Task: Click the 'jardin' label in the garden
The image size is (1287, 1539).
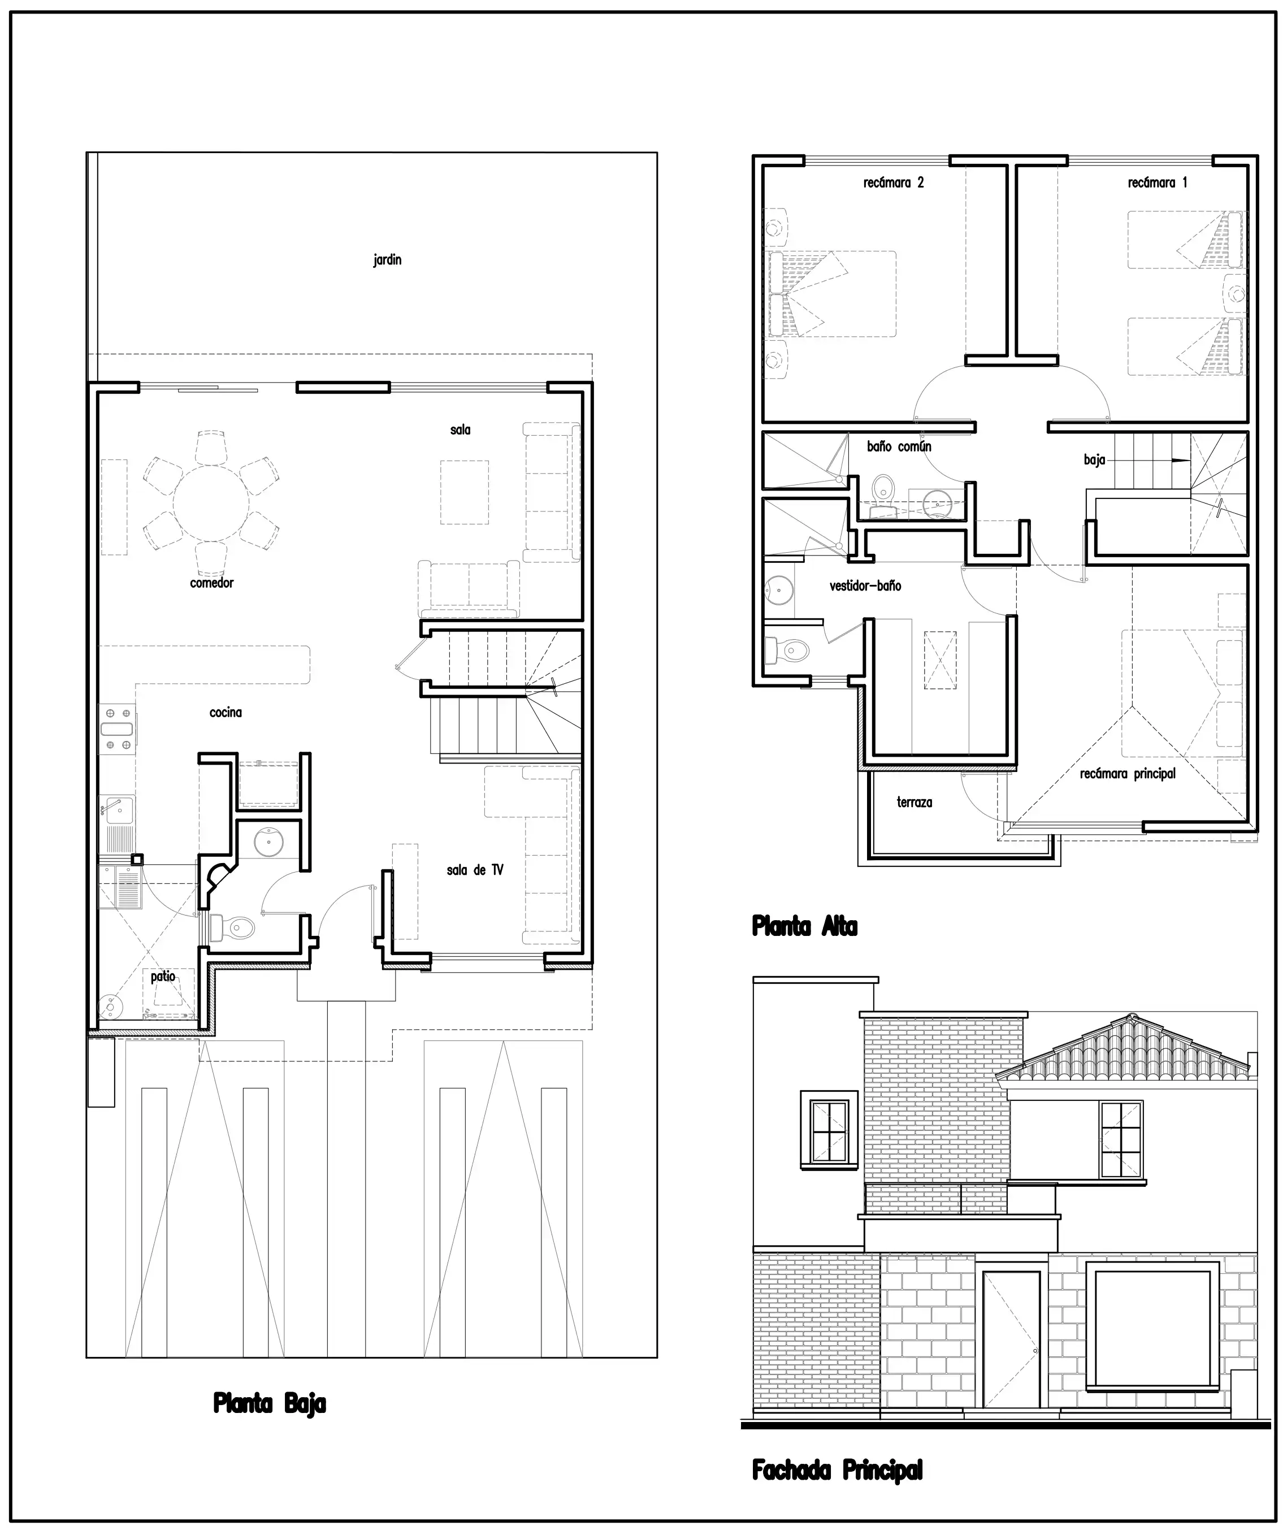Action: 387,260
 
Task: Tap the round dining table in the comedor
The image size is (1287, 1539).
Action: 211,504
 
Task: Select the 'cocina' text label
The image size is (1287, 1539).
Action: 226,712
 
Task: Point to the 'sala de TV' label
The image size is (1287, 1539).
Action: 475,870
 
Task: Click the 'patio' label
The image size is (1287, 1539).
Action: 163,976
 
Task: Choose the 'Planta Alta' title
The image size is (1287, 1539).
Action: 805,926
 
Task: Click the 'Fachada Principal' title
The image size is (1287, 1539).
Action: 838,1469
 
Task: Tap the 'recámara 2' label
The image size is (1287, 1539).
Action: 894,183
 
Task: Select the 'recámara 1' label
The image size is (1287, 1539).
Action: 1157,183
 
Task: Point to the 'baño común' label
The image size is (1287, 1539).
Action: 899,446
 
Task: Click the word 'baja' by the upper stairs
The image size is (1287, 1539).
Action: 1094,460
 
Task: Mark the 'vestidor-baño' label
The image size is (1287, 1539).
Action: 865,586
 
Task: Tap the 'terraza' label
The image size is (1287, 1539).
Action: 915,802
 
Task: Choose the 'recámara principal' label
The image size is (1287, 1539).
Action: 1128,773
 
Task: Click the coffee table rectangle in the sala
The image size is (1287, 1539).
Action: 465,492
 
